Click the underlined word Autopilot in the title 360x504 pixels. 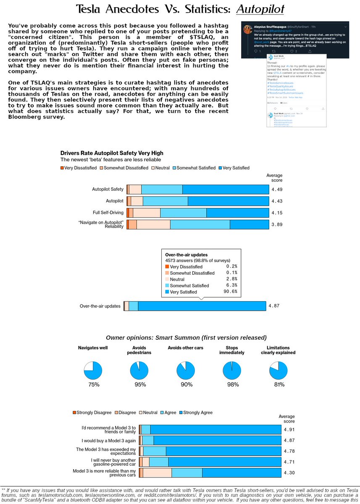(x=260, y=9)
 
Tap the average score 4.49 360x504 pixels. (x=277, y=189)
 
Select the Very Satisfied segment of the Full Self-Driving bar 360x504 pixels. (x=237, y=213)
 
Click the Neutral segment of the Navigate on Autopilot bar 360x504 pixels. (x=153, y=224)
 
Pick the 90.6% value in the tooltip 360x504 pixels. (x=231, y=292)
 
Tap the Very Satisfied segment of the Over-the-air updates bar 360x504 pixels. (x=202, y=306)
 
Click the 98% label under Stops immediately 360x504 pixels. (x=233, y=385)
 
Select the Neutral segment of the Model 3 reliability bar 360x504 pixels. (x=157, y=473)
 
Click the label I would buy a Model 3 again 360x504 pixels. (x=109, y=441)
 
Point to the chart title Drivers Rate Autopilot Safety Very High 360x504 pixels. (x=112, y=153)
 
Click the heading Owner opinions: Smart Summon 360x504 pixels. (x=186, y=338)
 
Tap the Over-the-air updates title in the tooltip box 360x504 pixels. (x=187, y=255)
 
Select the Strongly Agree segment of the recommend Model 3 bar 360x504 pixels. (x=215, y=429)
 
